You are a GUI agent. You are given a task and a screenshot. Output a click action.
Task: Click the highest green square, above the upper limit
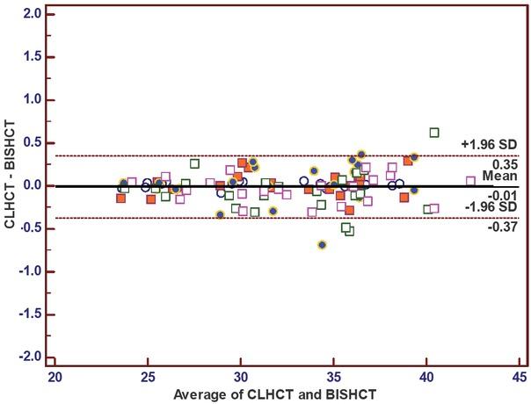point(434,133)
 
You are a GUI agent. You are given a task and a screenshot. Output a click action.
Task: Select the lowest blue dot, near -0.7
point(323,245)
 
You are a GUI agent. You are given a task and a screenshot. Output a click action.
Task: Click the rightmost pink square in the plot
point(470,181)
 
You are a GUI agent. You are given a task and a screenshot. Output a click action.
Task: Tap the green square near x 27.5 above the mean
point(194,163)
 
